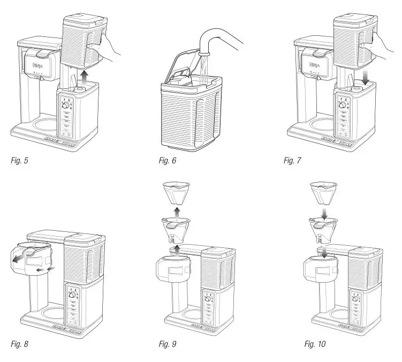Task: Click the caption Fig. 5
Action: point(20,161)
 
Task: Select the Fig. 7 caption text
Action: point(293,161)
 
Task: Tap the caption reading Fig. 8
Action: point(20,343)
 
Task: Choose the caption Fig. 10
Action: point(315,343)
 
